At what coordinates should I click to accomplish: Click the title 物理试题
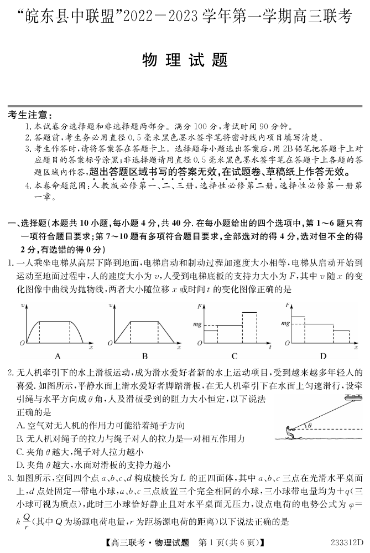(x=185, y=60)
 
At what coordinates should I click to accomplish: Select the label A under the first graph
(x=58, y=356)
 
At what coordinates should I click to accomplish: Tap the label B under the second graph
(x=144, y=356)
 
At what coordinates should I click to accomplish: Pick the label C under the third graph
(x=234, y=356)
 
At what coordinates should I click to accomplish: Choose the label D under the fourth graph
(x=322, y=356)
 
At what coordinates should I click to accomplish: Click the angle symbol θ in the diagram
(x=310, y=426)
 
